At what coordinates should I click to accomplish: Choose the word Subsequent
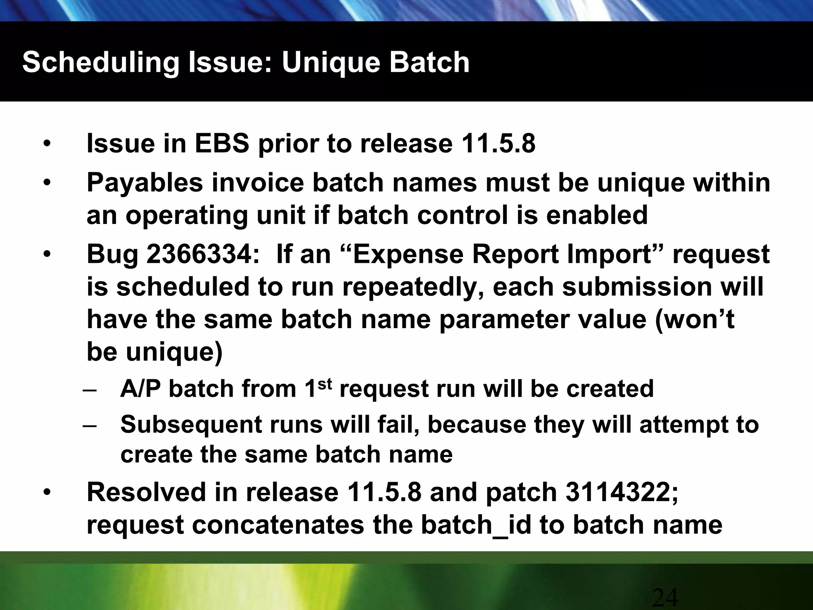[x=191, y=425]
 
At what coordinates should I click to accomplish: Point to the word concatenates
[x=278, y=525]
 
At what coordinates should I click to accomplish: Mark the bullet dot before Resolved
[x=47, y=493]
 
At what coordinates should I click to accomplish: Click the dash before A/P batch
[x=90, y=389]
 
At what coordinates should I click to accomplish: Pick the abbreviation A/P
[x=141, y=389]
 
